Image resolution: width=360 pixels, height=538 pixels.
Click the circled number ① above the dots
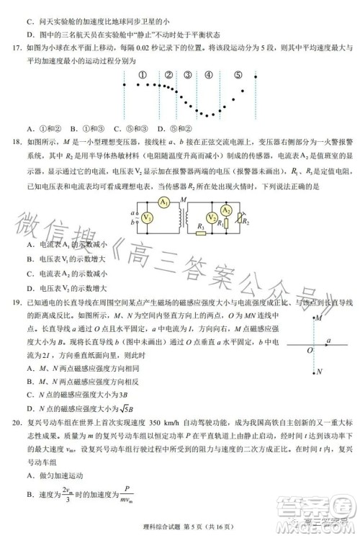pos(143,74)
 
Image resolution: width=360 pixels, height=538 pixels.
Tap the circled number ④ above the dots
pos(209,74)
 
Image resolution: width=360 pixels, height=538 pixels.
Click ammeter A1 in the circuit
pos(164,202)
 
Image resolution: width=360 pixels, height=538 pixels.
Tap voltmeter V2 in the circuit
pos(212,218)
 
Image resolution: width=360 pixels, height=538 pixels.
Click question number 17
pos(14,48)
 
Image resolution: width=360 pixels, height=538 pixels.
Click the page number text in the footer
pos(180,529)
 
